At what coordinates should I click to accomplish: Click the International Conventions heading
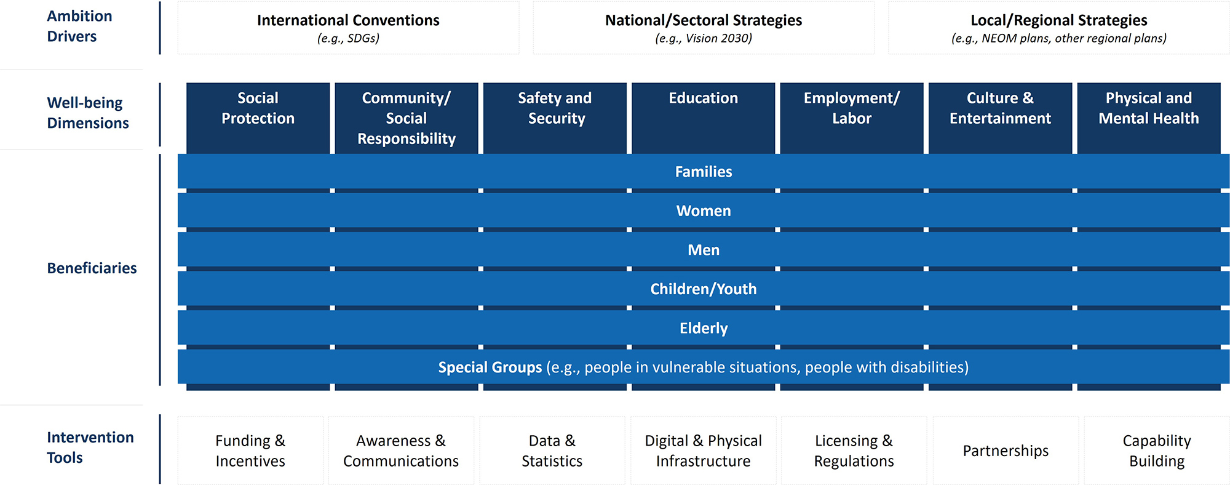348,20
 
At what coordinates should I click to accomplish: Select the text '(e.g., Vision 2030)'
704,38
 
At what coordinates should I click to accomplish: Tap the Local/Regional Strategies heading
1058,20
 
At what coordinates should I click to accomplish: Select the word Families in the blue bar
704,172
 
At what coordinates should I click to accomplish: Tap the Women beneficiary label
704,211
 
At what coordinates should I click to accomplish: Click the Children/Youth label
704,289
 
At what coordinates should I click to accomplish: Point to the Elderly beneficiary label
704,328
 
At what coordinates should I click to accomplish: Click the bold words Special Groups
490,367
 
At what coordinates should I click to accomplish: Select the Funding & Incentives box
250,451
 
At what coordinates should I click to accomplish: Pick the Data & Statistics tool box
552,451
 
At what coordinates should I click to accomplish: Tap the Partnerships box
1006,451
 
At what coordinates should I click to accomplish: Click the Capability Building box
1156,451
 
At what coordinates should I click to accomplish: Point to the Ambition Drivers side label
79,26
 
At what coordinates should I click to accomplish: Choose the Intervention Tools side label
90,447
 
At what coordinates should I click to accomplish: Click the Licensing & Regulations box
854,451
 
